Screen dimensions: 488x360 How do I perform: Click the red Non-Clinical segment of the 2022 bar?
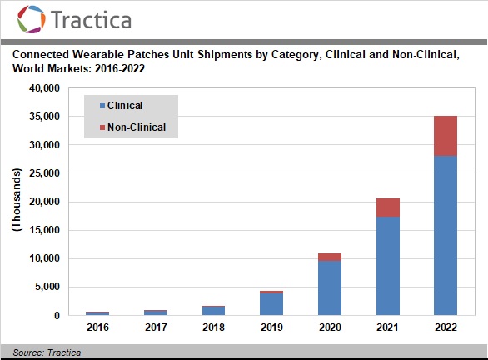pos(446,136)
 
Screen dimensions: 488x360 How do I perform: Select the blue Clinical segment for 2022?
pos(446,236)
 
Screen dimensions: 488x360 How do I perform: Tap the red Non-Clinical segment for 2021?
pos(388,207)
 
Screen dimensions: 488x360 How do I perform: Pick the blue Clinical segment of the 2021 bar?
pos(388,266)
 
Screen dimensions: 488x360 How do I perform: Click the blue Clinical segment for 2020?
pos(330,288)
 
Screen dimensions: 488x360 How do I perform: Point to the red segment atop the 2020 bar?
pos(330,257)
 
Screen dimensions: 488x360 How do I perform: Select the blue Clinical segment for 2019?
pos(271,304)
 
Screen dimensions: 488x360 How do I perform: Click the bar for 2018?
pos(213,311)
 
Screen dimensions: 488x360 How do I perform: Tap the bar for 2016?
pos(97,313)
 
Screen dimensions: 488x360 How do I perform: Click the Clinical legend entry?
pos(121,106)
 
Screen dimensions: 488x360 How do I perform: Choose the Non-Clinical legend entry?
pos(132,127)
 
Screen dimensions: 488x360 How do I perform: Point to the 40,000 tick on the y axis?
pos(44,88)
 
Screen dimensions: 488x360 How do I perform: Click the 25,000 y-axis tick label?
pos(44,173)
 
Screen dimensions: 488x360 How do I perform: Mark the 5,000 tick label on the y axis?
pos(47,287)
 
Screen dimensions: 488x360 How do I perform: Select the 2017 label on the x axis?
pos(156,327)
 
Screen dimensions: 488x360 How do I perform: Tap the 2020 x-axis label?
pos(330,327)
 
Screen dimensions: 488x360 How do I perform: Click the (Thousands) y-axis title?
pos(17,200)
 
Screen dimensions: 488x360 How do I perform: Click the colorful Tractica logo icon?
pos(31,19)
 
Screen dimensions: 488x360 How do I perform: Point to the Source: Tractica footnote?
pos(47,352)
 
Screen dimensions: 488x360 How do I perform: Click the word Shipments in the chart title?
pos(225,55)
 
